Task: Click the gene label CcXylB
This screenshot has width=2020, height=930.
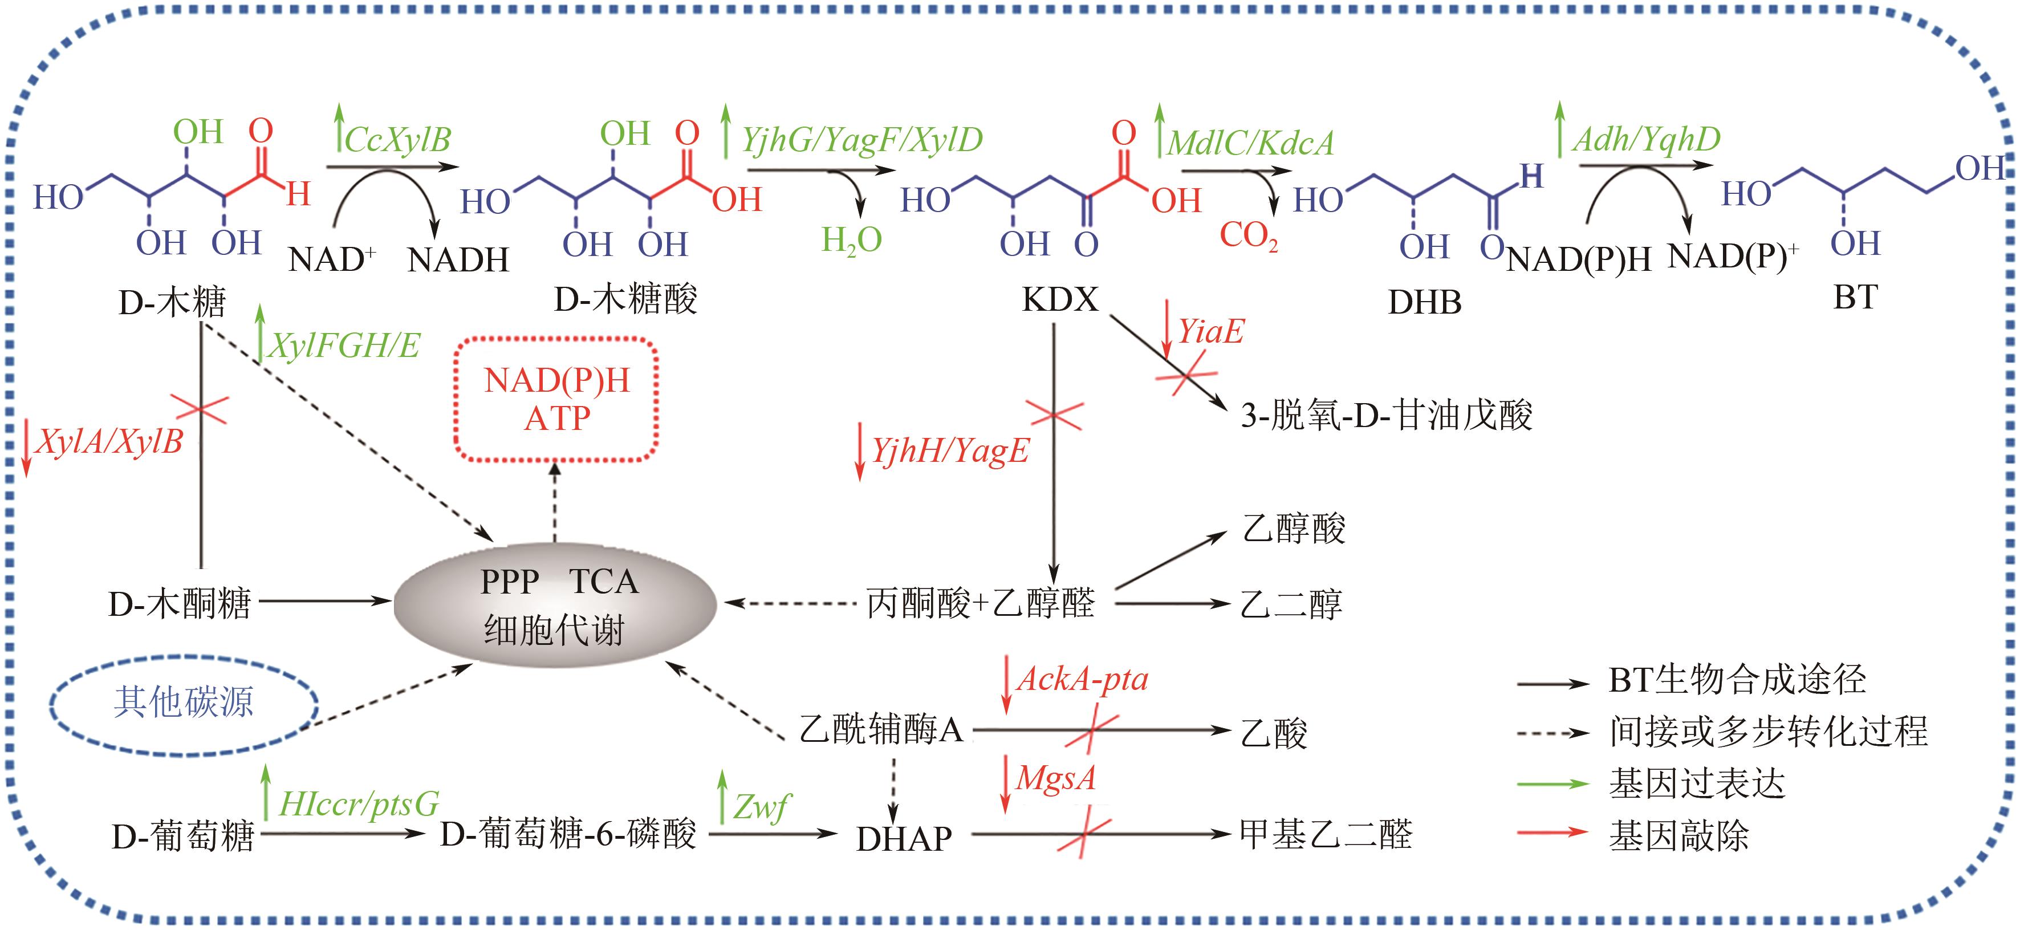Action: tap(397, 140)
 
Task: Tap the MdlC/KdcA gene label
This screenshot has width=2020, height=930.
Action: tap(1250, 143)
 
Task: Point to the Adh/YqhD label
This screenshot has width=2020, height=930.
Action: tap(1646, 139)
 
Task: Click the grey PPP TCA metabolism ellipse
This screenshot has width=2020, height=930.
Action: tap(554, 604)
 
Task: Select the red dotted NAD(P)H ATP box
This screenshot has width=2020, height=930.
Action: tap(556, 399)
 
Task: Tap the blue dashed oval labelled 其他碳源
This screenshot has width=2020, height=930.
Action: tap(184, 702)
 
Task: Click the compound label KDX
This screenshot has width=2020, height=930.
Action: tap(1060, 299)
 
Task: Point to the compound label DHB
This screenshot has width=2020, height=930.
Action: tap(1424, 302)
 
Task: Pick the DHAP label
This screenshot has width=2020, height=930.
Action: tap(903, 839)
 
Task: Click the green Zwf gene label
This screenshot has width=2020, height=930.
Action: tap(761, 805)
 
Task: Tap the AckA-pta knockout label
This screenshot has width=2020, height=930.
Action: tap(1082, 679)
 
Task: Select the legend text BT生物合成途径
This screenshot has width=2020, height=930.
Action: tap(1737, 680)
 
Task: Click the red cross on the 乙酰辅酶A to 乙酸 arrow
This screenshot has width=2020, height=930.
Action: tap(1092, 731)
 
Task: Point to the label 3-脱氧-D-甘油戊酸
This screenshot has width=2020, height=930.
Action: tap(1385, 415)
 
